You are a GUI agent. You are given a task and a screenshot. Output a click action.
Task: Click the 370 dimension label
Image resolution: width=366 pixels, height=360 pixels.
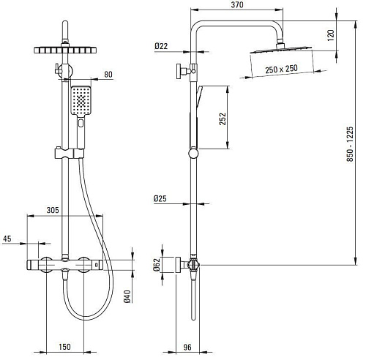(x=237, y=5)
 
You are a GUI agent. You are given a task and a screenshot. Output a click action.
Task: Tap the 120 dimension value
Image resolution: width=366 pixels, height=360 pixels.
(x=330, y=35)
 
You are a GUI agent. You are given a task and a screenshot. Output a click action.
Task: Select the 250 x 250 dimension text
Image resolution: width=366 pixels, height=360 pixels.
(x=281, y=69)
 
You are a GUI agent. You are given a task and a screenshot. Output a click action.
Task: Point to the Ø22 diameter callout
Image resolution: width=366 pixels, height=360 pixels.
(x=161, y=46)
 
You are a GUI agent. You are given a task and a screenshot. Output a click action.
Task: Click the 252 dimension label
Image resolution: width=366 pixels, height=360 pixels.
(x=223, y=119)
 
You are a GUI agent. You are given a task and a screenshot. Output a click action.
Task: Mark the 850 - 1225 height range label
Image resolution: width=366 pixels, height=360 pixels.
(x=350, y=144)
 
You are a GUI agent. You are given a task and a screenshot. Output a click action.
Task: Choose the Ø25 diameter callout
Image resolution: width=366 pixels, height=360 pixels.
(x=160, y=198)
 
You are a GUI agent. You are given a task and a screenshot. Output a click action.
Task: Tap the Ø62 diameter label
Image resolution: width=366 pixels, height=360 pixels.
(x=157, y=265)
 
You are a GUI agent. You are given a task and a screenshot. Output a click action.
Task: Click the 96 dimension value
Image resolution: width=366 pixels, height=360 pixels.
(x=187, y=347)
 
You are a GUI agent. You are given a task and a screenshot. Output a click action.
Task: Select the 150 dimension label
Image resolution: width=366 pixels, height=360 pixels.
(x=64, y=347)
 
